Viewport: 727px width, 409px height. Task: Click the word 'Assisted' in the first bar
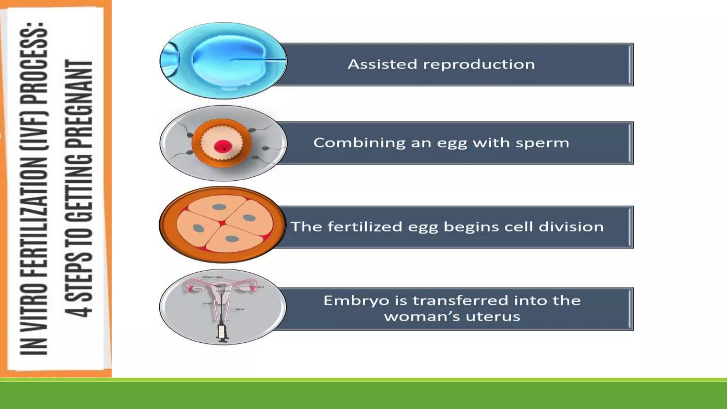pyautogui.click(x=382, y=64)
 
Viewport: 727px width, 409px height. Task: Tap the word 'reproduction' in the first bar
pyautogui.click(x=479, y=64)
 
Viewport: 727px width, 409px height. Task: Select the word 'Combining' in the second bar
pyautogui.click(x=359, y=143)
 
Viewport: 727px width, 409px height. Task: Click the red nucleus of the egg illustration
pyautogui.click(x=223, y=146)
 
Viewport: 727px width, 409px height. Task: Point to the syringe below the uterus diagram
pyautogui.click(x=223, y=332)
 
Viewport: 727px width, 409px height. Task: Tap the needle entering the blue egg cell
pyautogui.click(x=259, y=59)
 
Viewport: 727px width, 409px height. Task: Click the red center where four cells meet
pyautogui.click(x=222, y=223)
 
